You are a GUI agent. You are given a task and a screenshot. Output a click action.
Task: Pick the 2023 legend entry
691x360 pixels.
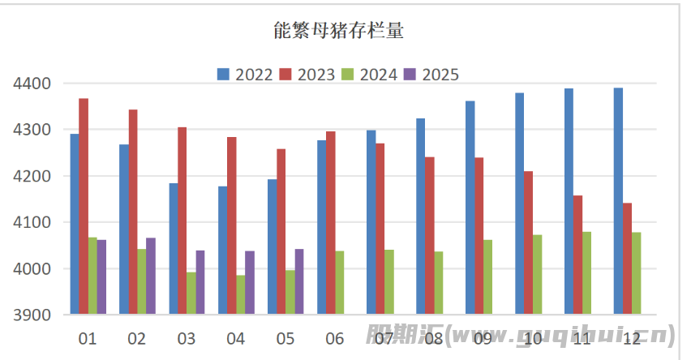pyautogui.click(x=307, y=75)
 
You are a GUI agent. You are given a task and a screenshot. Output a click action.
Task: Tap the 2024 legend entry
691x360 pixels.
pyautogui.click(x=369, y=75)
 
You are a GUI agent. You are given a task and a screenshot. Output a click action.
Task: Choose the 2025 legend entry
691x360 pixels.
pyautogui.click(x=431, y=75)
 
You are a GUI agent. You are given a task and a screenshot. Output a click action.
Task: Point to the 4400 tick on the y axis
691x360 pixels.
pyautogui.click(x=32, y=84)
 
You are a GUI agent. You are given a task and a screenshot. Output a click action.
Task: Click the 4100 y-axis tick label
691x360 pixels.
pyautogui.click(x=32, y=222)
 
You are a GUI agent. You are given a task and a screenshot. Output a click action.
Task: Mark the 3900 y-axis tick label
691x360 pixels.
pyautogui.click(x=32, y=315)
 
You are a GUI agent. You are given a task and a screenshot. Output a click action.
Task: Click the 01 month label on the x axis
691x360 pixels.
pyautogui.click(x=88, y=338)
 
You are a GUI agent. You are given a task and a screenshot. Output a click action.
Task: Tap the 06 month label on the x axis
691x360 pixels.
pyautogui.click(x=335, y=338)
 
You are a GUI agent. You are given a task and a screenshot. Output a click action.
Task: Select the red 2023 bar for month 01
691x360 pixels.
pyautogui.click(x=84, y=206)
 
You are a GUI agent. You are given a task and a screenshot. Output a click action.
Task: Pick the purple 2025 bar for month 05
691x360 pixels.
pyautogui.click(x=299, y=281)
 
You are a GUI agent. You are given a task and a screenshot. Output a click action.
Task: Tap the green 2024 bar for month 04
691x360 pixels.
pyautogui.click(x=241, y=294)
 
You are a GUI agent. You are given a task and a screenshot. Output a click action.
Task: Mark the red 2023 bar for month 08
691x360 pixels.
pyautogui.click(x=430, y=235)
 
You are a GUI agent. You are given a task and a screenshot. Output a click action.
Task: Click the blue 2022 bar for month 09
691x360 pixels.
pyautogui.click(x=470, y=208)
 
